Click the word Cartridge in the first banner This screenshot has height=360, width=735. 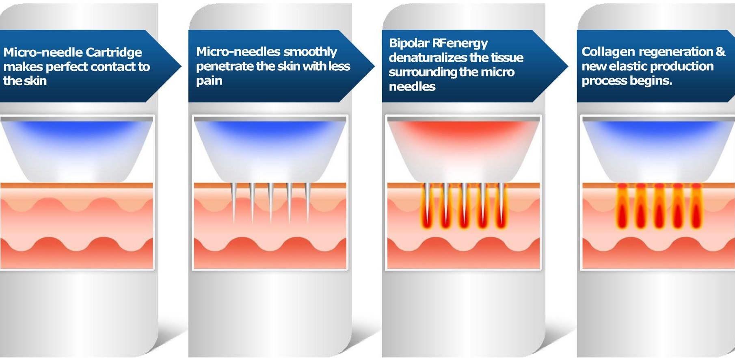tap(114, 53)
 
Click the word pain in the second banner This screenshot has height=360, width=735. tap(209, 81)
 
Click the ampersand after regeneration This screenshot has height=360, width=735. tap(720, 52)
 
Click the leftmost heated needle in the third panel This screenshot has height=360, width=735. tap(427, 205)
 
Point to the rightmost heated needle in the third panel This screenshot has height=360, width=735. tap(502, 205)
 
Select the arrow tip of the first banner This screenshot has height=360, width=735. tap(181, 66)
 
